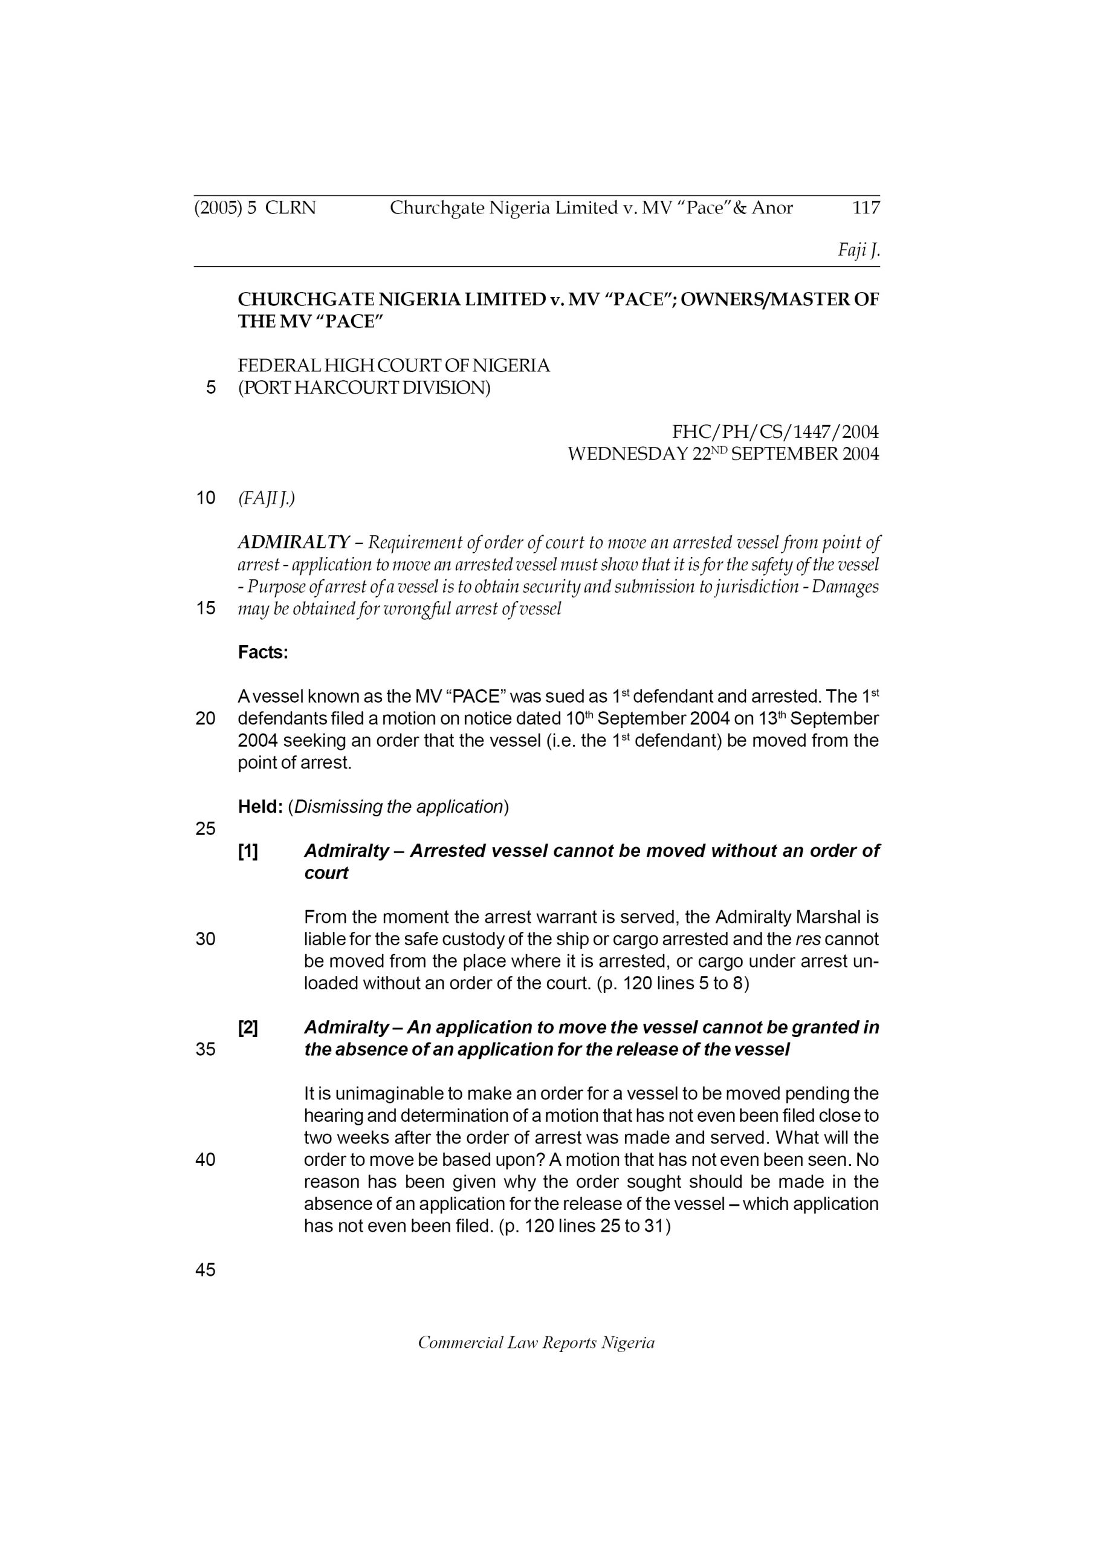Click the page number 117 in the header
click(866, 207)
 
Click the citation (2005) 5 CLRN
click(255, 207)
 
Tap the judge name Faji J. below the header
click(859, 251)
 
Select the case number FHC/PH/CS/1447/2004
click(775, 432)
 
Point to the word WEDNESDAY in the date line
click(627, 454)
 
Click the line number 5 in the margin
click(211, 388)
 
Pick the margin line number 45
click(205, 1270)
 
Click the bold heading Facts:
click(263, 652)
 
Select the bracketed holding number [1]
click(248, 851)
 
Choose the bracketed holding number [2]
click(248, 1027)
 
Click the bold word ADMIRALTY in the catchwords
click(293, 542)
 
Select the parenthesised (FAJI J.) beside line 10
click(267, 498)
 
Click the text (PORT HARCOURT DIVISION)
click(364, 388)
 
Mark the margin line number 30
click(205, 939)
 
